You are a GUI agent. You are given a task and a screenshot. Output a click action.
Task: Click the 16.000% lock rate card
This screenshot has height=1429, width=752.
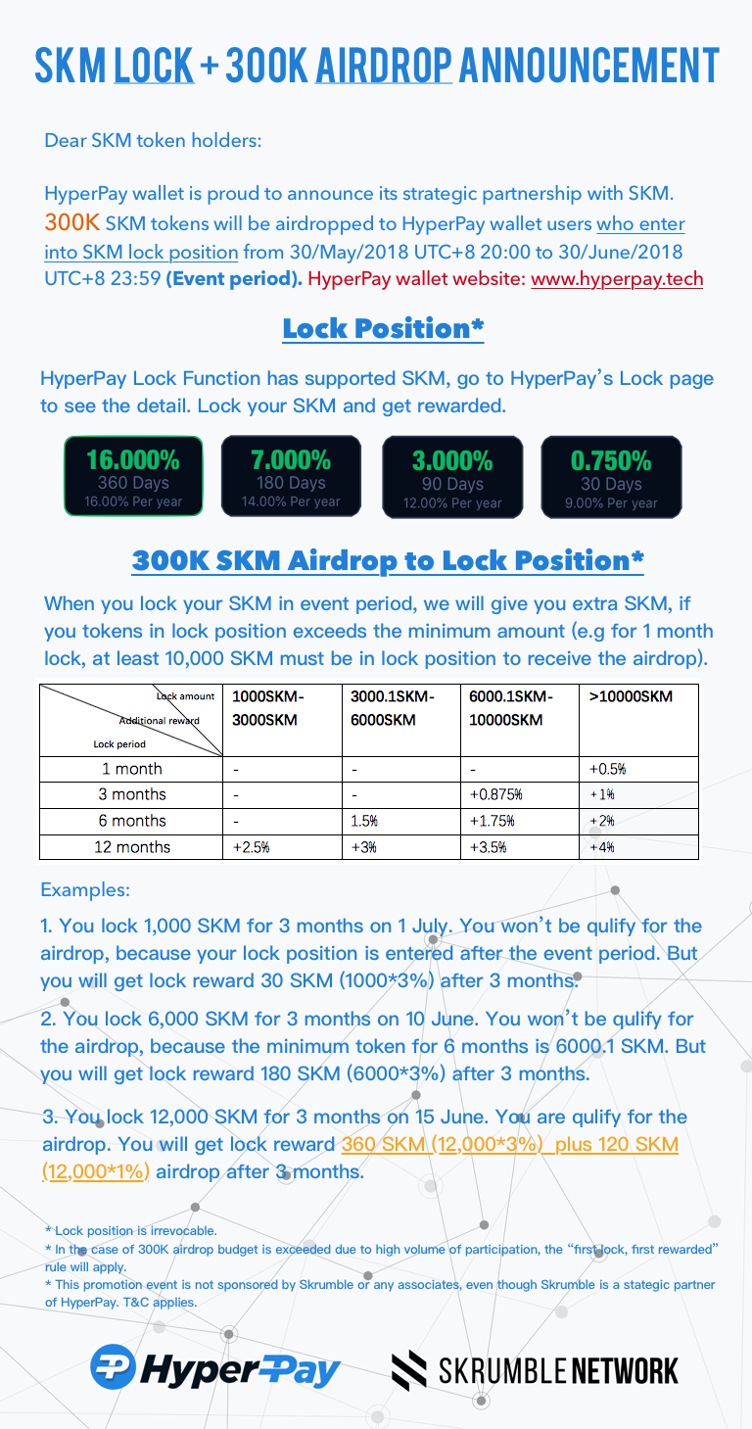133,476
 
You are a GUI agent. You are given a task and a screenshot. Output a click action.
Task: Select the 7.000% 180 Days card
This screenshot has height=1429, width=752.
291,476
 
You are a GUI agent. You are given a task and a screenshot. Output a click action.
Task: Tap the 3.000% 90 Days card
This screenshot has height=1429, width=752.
451,476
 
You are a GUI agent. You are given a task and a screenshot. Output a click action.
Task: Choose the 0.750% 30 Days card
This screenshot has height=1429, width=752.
611,476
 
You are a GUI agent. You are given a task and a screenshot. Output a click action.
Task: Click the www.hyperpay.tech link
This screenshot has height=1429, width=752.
617,279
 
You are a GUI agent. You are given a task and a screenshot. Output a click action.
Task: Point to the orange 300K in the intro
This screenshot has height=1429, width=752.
71,224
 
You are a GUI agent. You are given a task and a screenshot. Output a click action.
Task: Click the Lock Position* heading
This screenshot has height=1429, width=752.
383,329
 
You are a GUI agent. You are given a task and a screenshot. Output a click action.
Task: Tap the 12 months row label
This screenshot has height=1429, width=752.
132,847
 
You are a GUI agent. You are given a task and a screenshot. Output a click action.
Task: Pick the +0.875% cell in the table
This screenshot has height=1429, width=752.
496,794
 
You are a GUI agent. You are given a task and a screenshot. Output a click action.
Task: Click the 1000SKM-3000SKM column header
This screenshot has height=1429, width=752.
268,708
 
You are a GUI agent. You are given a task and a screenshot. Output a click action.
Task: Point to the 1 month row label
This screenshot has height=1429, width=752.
132,769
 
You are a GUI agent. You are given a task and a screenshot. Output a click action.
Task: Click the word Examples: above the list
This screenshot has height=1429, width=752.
85,891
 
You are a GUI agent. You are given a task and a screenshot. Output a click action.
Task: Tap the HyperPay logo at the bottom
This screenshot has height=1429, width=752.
215,1367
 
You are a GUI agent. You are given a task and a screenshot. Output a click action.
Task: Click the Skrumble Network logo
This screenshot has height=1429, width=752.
535,1369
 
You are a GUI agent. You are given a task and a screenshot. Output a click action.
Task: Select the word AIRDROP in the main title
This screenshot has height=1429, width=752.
384,65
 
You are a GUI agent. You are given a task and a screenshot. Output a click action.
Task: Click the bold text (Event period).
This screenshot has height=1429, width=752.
234,279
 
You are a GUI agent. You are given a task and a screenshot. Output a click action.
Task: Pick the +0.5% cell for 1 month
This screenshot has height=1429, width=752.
608,769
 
